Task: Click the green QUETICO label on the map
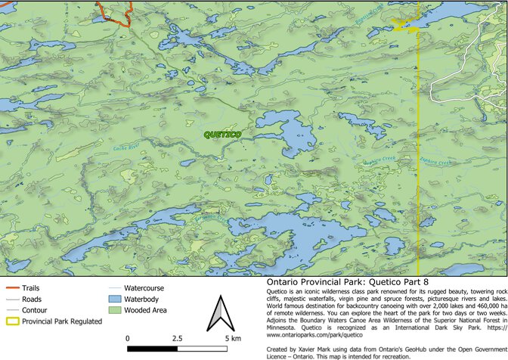tap(222, 135)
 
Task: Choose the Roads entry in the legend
tap(33, 299)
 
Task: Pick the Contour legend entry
tap(36, 310)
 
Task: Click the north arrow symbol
tap(218, 315)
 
